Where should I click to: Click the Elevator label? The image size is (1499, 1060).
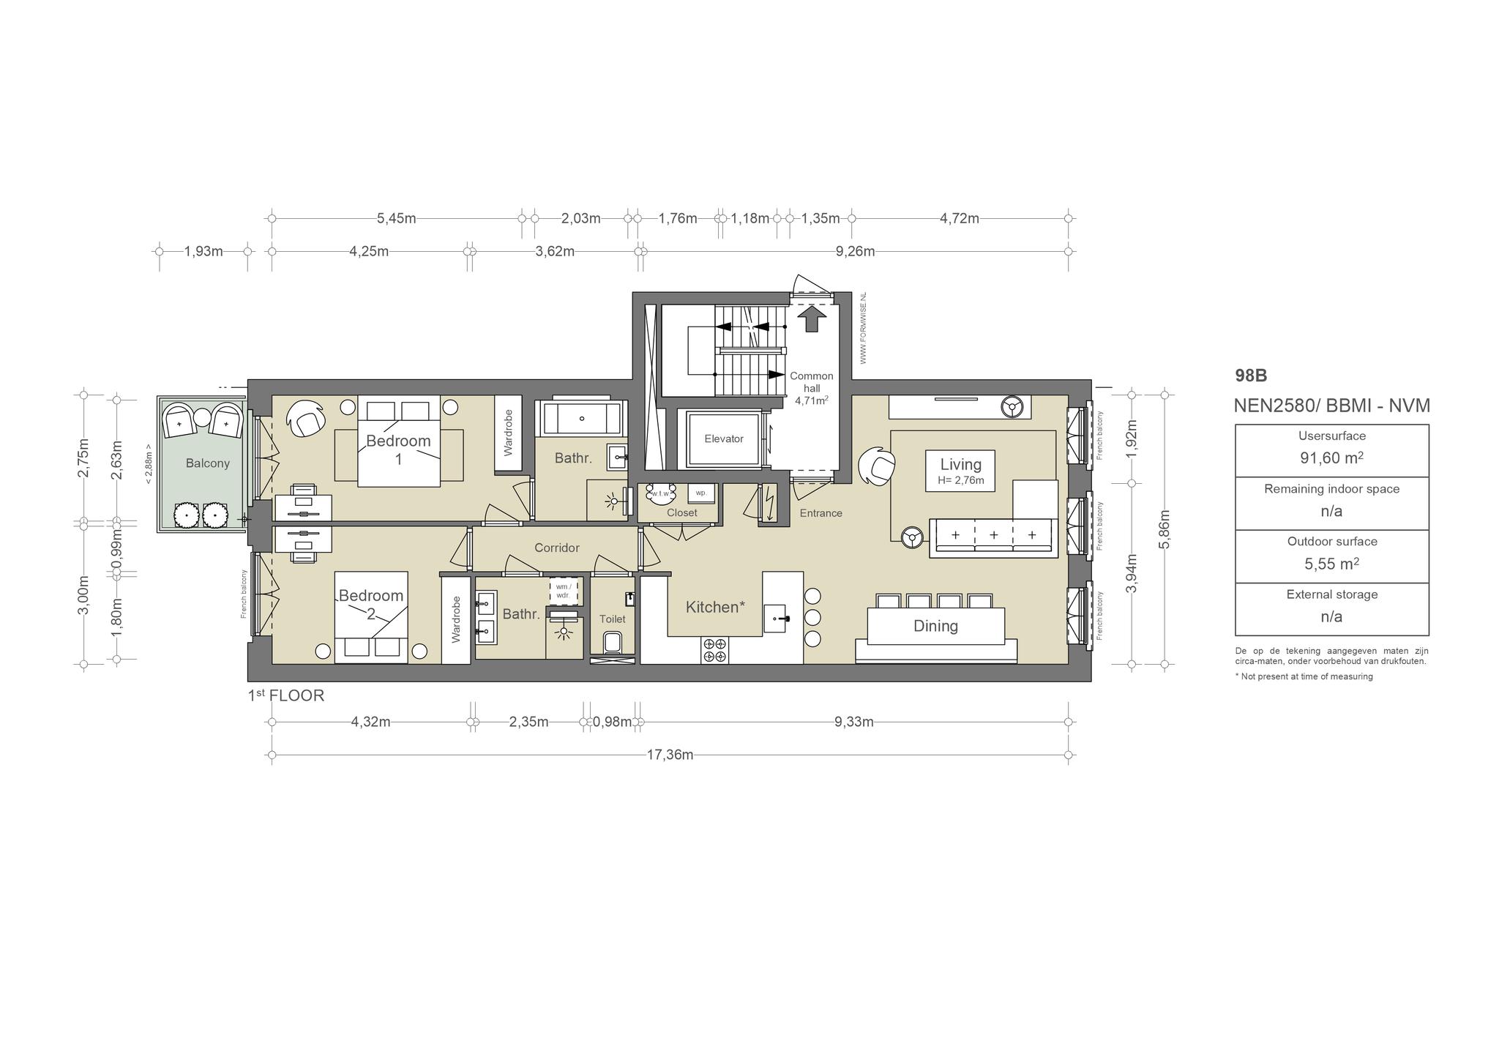click(723, 438)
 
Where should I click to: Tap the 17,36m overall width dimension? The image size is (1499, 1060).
click(670, 755)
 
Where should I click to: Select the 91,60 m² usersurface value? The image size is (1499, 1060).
click(1331, 458)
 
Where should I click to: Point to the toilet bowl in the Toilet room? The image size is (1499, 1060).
click(612, 643)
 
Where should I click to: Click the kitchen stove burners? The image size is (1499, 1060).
click(714, 650)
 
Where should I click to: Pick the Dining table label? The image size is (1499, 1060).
click(935, 626)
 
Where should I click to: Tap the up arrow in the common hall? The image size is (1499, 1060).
click(811, 319)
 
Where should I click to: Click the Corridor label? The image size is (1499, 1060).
click(557, 548)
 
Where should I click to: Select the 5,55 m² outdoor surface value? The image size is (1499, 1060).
click(1331, 564)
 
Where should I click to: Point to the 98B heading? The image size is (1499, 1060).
click(1251, 376)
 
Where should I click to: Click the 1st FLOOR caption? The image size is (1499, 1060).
click(285, 695)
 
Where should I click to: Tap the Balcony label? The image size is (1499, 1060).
click(208, 463)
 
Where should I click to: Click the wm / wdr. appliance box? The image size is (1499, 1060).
click(564, 590)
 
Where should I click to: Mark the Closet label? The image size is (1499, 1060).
click(681, 512)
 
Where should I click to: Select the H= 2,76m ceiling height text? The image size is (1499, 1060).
click(960, 481)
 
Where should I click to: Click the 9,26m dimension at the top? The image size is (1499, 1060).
click(855, 251)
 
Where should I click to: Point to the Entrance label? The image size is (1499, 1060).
click(820, 513)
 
